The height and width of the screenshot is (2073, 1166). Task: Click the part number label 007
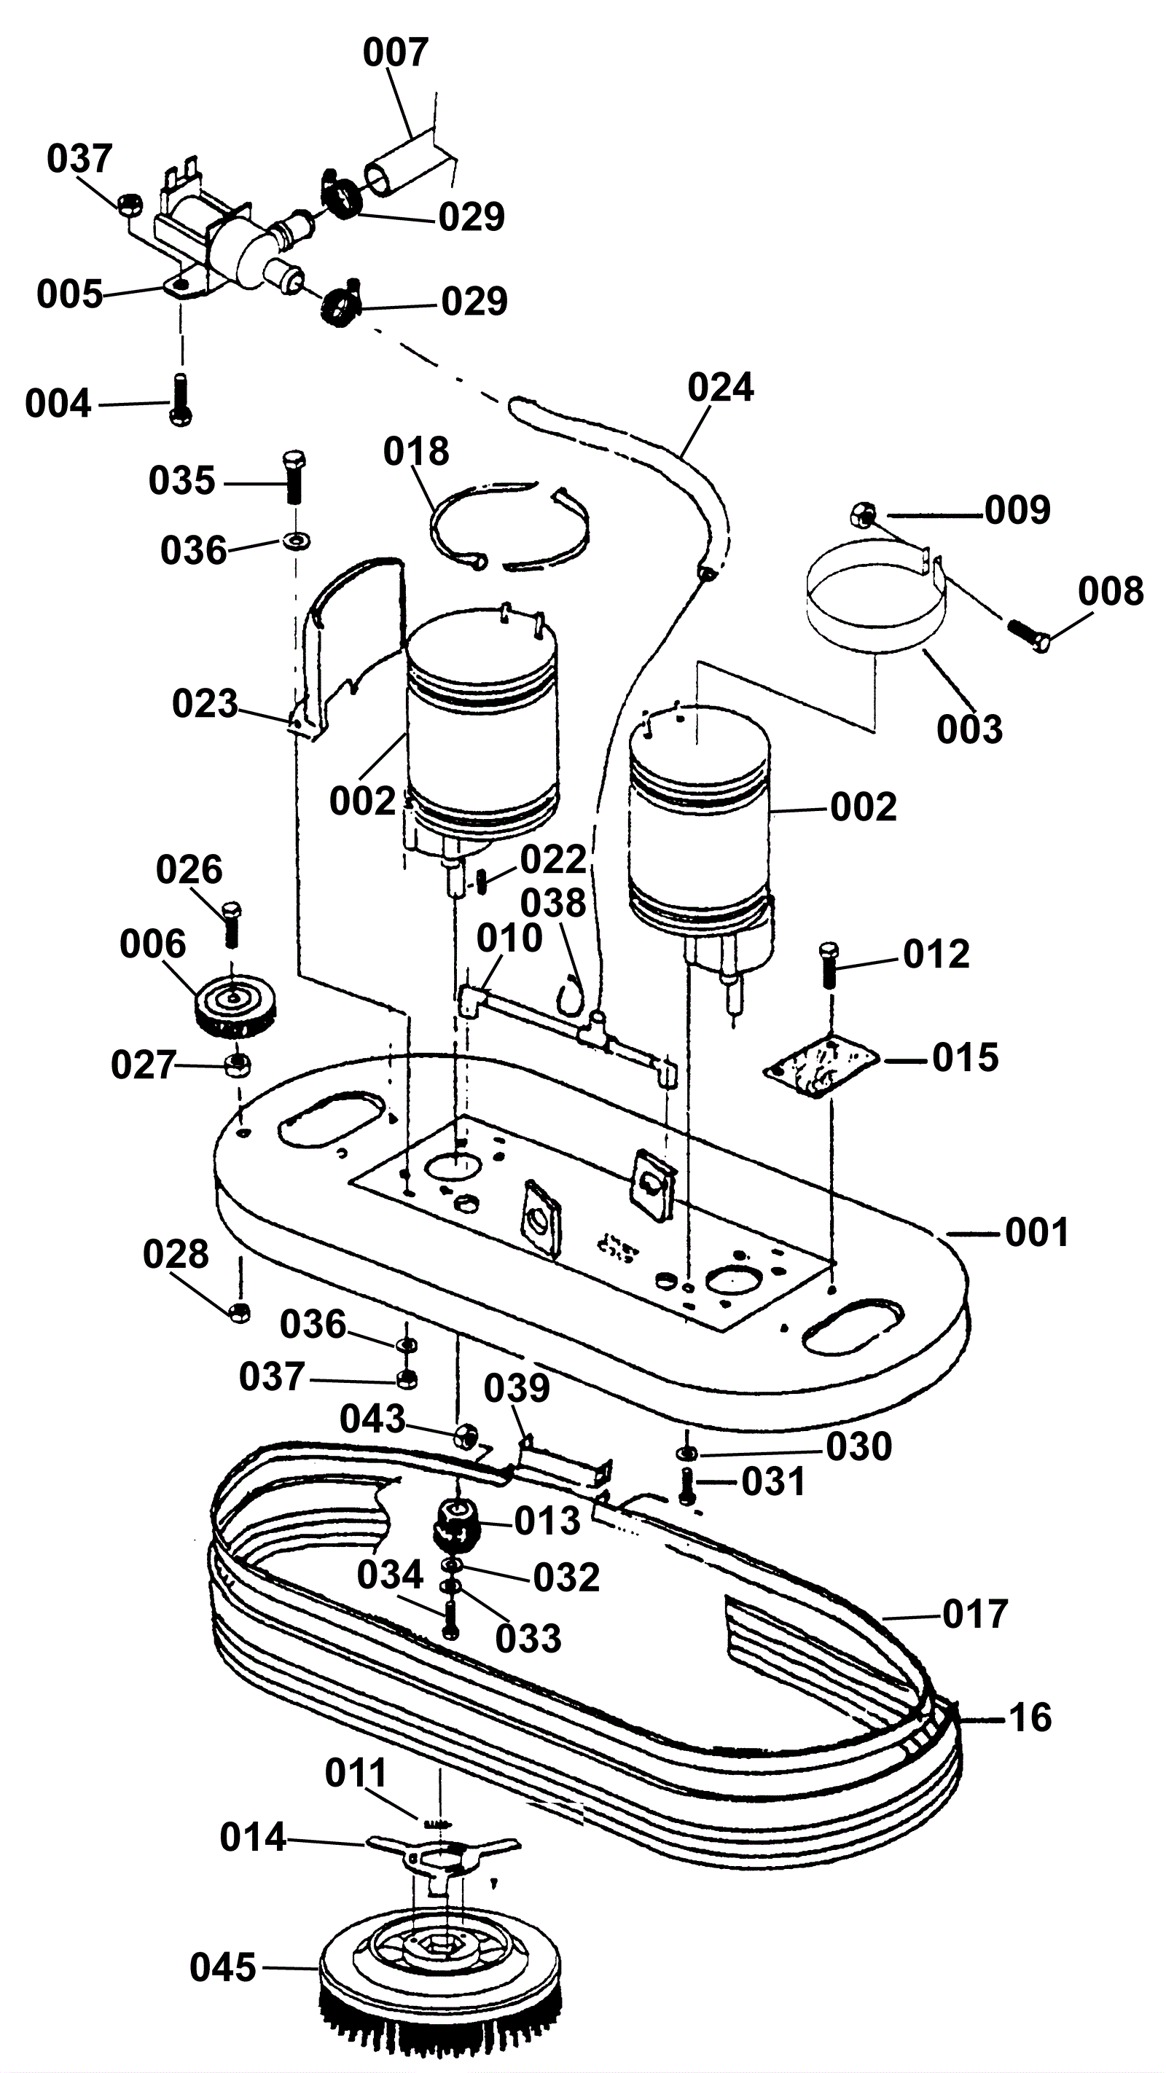point(394,53)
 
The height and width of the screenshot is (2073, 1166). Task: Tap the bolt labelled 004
point(180,400)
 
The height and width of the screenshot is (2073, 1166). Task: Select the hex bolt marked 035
point(294,477)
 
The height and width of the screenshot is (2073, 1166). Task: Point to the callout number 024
point(720,388)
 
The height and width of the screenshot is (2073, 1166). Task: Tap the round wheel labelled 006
point(232,1007)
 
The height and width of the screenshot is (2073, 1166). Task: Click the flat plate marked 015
point(821,1066)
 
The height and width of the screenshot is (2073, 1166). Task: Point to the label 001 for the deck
point(1036,1233)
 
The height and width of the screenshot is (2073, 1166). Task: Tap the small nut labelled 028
point(239,1312)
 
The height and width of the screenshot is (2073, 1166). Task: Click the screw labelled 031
point(686,1485)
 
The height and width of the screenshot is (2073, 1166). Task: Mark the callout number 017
point(974,1614)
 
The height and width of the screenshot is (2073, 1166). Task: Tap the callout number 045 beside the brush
point(223,1967)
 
